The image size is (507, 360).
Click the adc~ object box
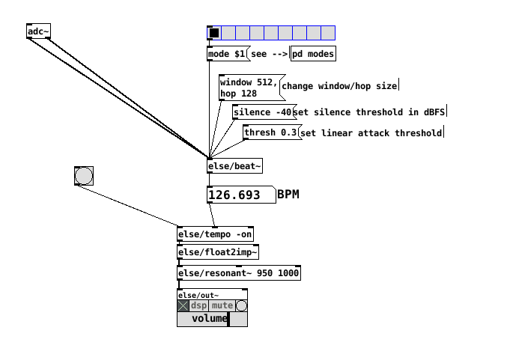(38, 31)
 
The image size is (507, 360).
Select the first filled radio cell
(214, 33)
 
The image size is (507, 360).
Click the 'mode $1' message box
(227, 54)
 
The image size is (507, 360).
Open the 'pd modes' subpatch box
(312, 54)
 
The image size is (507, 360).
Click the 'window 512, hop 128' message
(249, 88)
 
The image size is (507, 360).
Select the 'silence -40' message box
(262, 112)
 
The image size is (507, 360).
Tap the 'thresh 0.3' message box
(270, 132)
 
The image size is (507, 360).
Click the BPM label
(288, 195)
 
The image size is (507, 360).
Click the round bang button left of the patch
(84, 176)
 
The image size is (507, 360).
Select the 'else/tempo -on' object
(215, 234)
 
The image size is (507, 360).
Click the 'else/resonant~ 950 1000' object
(239, 273)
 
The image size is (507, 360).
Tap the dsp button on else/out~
(198, 305)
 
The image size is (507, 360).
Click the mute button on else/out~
(222, 305)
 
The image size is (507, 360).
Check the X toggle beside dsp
(183, 305)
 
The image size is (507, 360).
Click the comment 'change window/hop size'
(339, 86)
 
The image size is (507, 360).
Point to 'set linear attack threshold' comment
(371, 133)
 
